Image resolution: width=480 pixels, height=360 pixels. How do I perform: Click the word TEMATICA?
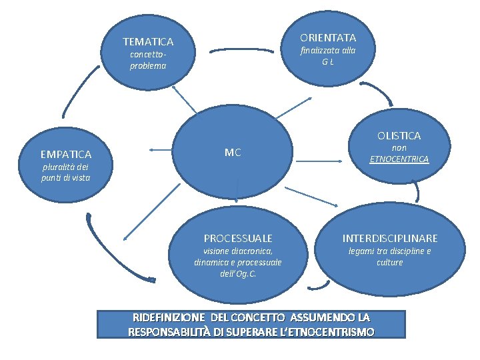[x=148, y=41]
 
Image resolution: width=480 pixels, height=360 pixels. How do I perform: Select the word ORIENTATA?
[x=327, y=37]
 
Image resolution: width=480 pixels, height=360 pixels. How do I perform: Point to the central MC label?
[x=233, y=153]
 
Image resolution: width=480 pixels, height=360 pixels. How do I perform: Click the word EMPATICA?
[x=66, y=155]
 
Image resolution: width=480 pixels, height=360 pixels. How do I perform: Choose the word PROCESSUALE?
[x=238, y=238]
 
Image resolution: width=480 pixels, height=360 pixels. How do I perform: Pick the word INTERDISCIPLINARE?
[x=390, y=238]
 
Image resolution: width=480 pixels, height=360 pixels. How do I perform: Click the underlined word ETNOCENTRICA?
[x=399, y=159]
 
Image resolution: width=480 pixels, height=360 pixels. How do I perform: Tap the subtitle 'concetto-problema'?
[x=148, y=60]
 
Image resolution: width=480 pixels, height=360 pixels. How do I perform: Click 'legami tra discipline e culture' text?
[x=390, y=257]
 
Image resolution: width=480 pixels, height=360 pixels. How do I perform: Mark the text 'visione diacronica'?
[x=237, y=251]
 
